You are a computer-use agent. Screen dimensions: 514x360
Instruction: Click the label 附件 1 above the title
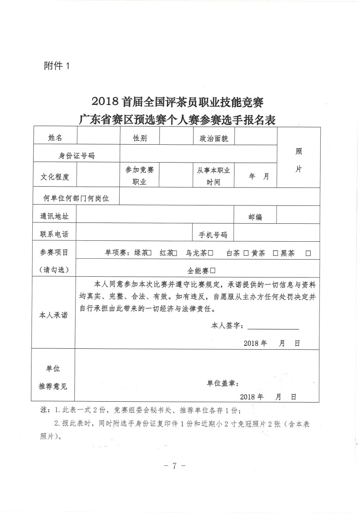pos(57,66)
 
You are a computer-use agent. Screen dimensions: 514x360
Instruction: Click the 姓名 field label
pos(55,137)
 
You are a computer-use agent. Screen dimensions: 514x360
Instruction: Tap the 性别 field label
pos(140,138)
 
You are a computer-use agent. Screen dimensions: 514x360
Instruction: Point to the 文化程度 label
pos(55,177)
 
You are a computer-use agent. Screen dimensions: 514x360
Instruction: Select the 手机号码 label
pos(213,235)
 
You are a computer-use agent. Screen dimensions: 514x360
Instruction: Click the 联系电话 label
pos(54,234)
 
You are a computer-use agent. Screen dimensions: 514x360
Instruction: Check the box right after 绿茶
pos(149,253)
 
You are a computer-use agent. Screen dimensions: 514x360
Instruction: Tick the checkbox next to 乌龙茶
pos(211,253)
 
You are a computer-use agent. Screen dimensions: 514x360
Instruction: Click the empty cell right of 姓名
pos(98,137)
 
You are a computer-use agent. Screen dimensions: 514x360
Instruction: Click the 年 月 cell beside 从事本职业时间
pos(259,177)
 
